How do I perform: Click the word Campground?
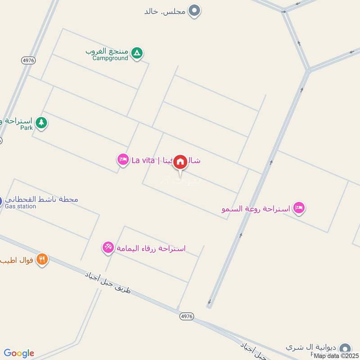coord(110,58)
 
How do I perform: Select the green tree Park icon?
coord(41,122)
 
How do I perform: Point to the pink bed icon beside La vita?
coord(122,159)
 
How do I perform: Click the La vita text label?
coord(143,160)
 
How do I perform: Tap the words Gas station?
coord(20,207)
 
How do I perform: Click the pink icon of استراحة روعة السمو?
coord(298,208)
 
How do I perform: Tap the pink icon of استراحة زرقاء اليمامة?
coord(108,247)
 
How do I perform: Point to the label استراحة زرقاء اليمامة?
coord(151,248)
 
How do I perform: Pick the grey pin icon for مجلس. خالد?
coord(194,10)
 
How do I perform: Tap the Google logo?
coord(19,353)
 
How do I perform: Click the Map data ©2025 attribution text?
coord(336,355)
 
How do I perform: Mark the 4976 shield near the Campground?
coord(28,60)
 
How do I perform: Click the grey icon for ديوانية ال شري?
coord(345,348)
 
